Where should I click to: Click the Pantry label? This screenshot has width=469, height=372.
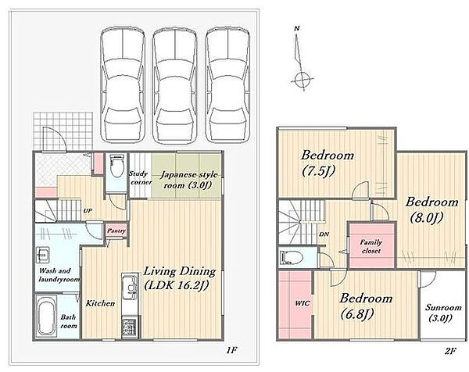pyautogui.click(x=116, y=231)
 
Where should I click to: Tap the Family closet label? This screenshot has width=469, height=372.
pyautogui.click(x=371, y=246)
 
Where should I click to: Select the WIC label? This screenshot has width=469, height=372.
pyautogui.click(x=302, y=303)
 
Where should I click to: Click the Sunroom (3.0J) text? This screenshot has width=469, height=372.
pyautogui.click(x=439, y=313)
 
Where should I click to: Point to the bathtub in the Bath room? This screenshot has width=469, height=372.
pyautogui.click(x=47, y=318)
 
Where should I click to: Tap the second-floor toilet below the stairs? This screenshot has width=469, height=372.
pyautogui.click(x=292, y=257)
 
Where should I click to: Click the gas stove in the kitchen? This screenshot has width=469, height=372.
pyautogui.click(x=129, y=328)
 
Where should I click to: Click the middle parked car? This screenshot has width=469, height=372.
pyautogui.click(x=175, y=84)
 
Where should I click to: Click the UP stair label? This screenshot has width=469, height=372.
pyautogui.click(x=88, y=211)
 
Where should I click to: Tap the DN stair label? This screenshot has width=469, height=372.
pyautogui.click(x=324, y=234)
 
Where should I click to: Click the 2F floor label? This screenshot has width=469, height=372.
pyautogui.click(x=449, y=351)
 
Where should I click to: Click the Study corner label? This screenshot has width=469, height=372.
pyautogui.click(x=140, y=177)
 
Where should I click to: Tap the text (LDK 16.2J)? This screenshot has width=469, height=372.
pyautogui.click(x=176, y=285)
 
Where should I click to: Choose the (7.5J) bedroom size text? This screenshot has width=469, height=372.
pyautogui.click(x=318, y=170)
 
